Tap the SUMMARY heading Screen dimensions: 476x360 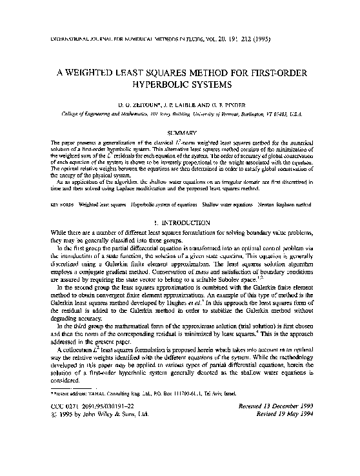[181, 132]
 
